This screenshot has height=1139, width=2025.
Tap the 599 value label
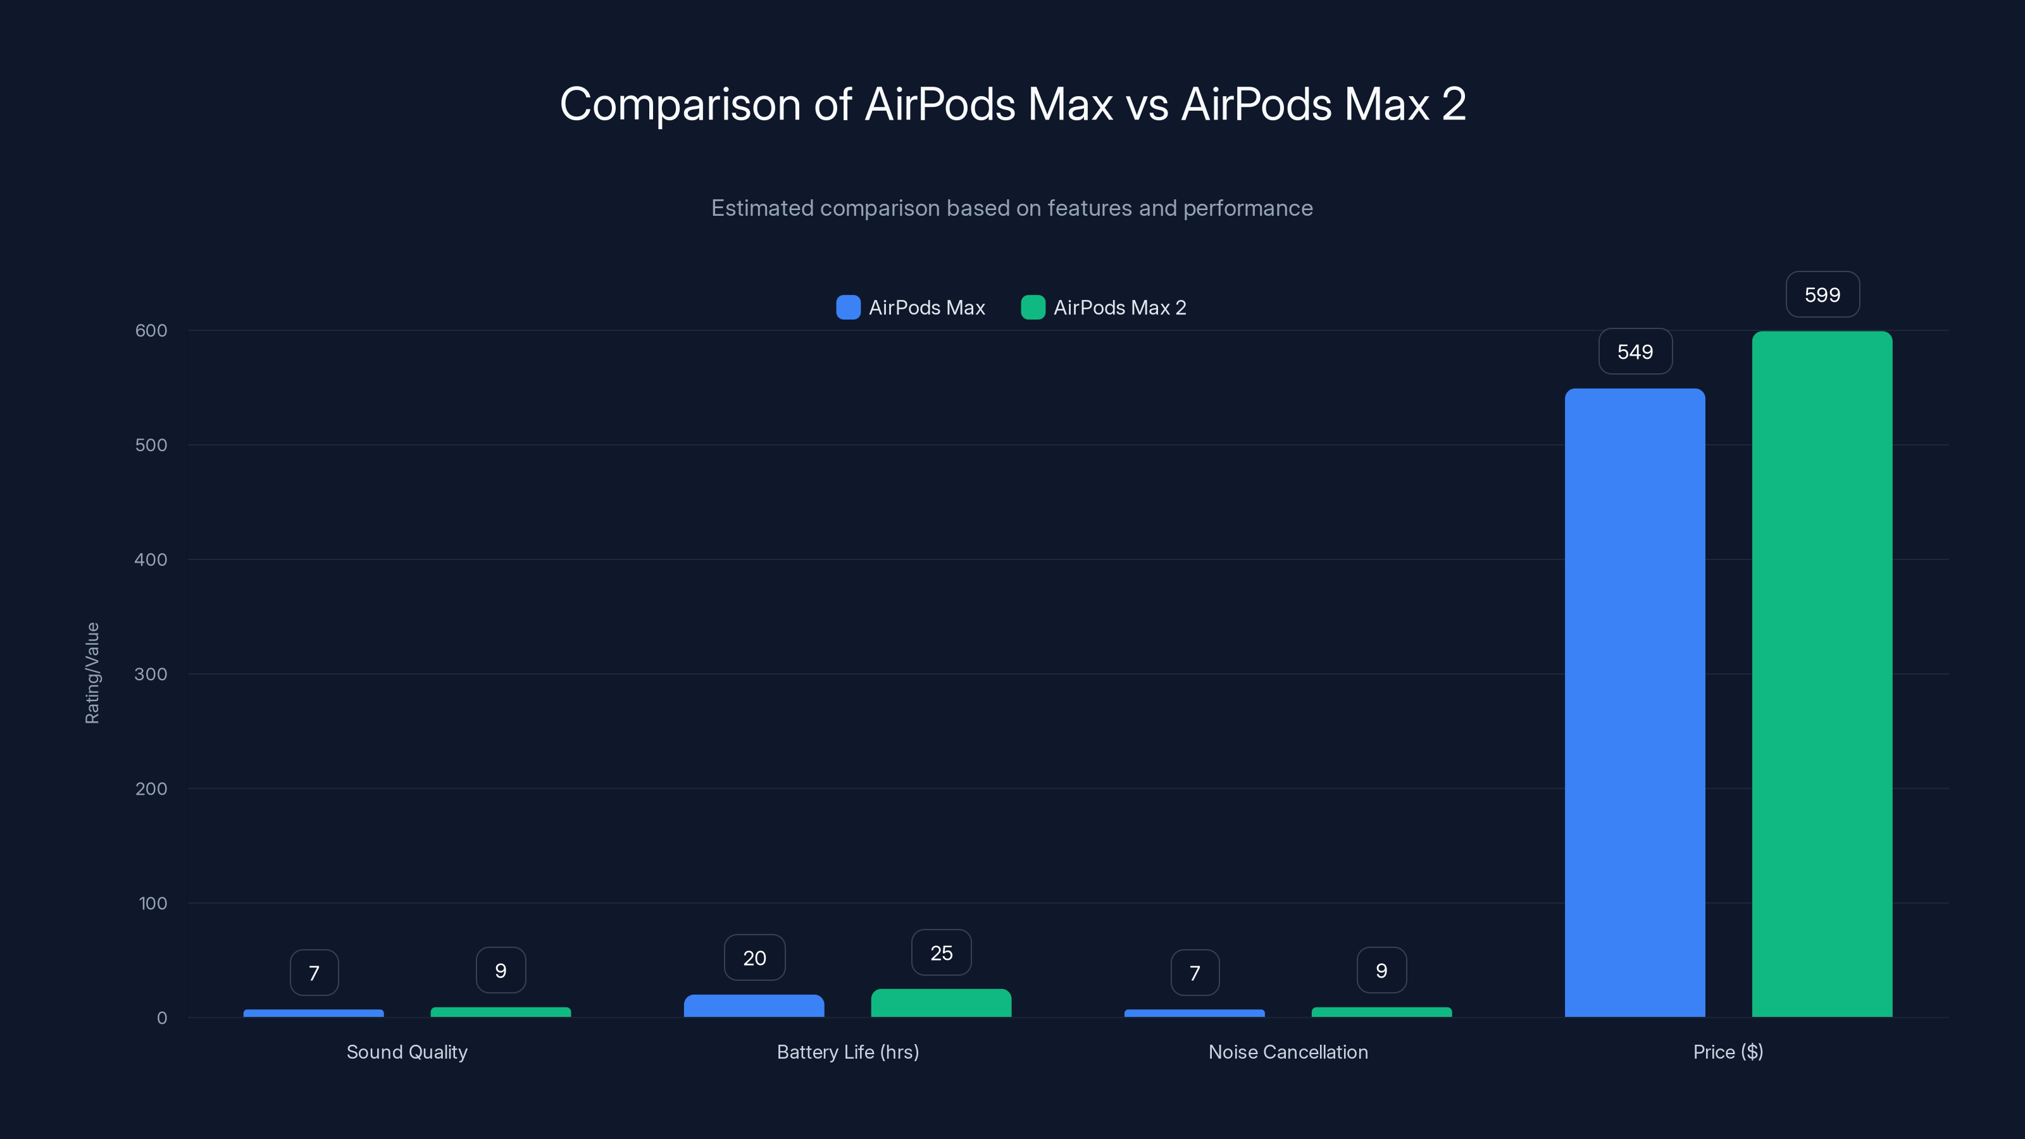click(1821, 295)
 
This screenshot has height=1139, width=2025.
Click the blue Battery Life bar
click(754, 1005)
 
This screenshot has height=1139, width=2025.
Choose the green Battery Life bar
click(941, 1003)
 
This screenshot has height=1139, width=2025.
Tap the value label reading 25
click(941, 953)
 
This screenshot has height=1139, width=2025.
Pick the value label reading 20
click(754, 957)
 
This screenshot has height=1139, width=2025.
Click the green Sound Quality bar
click(501, 1012)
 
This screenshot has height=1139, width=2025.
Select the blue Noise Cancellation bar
click(1194, 1013)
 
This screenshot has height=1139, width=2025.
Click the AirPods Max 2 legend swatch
click(1032, 308)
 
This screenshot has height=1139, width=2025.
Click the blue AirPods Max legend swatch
click(847, 308)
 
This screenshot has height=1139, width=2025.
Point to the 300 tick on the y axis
click(151, 674)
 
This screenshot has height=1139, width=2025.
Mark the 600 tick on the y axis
click(151, 330)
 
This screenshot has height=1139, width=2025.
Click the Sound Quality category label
click(406, 1052)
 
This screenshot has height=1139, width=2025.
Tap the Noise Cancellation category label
click(1288, 1052)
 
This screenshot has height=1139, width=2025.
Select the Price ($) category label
click(1728, 1052)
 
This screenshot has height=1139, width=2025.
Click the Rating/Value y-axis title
click(92, 673)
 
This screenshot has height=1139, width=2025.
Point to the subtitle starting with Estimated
click(1012, 208)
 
